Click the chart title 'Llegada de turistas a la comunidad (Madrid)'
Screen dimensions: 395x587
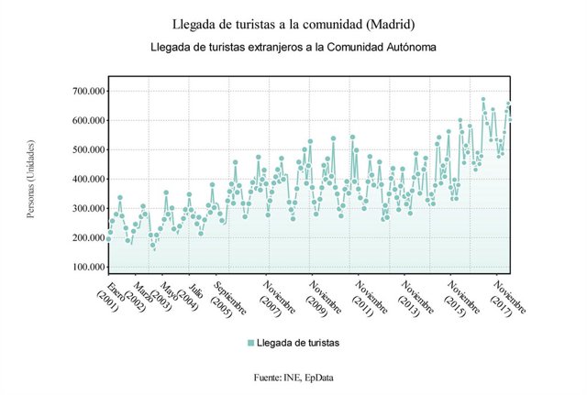pos(293,22)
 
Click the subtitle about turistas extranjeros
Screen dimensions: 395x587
pos(293,45)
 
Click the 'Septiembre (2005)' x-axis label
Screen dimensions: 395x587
pos(230,299)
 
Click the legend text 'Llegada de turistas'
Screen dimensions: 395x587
pos(298,343)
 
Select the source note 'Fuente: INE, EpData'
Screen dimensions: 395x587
pos(293,377)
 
